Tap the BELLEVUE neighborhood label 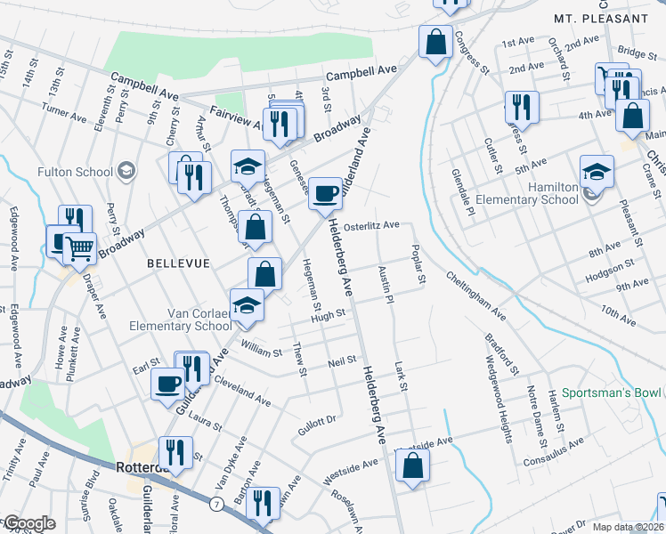[177, 264]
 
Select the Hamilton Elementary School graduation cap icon [597, 172]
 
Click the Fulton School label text [75, 172]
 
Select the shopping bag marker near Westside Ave [412, 465]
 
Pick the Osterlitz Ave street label [371, 226]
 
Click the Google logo [28, 523]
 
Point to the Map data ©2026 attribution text [628, 527]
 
